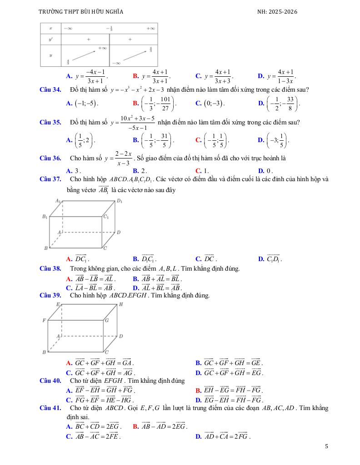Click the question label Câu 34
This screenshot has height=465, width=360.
tap(50, 90)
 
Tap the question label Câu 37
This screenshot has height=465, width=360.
tap(50, 179)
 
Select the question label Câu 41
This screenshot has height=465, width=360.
tap(50, 408)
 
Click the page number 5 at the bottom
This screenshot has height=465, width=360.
tap(326, 446)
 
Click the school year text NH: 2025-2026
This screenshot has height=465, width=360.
tap(277, 12)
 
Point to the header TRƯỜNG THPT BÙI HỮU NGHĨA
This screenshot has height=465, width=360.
tap(81, 12)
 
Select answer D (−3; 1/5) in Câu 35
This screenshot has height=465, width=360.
tap(276, 140)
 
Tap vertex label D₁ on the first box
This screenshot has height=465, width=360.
tap(119, 201)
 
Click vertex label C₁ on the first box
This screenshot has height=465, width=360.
tap(105, 217)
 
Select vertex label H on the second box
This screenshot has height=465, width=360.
tap(121, 304)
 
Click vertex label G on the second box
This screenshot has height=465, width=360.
tap(106, 321)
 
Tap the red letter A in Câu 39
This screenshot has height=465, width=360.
tap(69, 363)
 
